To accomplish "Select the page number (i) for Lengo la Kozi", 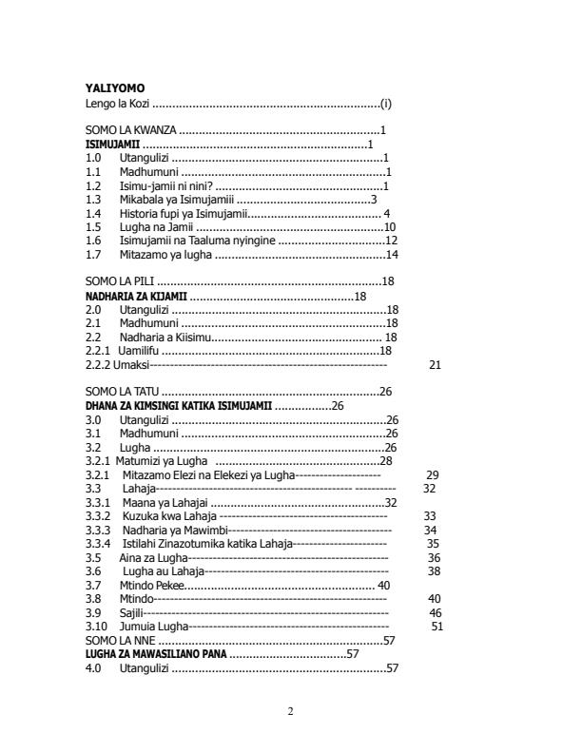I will (385, 102).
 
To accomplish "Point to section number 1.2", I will (93, 185).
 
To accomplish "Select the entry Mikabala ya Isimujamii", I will (176, 200).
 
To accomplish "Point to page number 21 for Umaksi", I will (435, 364).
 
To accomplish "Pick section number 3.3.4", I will (99, 543).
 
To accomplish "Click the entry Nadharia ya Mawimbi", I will (175, 530).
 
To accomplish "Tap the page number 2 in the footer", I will (291, 711).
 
